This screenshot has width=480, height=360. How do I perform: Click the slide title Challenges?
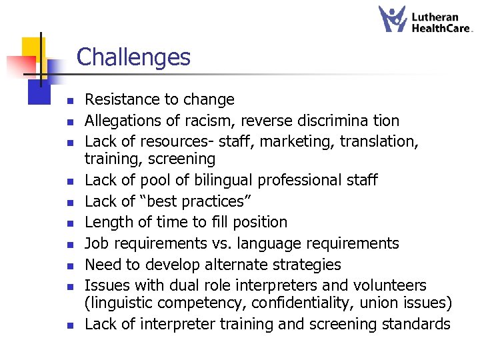133,57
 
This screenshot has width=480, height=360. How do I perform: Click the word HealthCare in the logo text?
441,28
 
